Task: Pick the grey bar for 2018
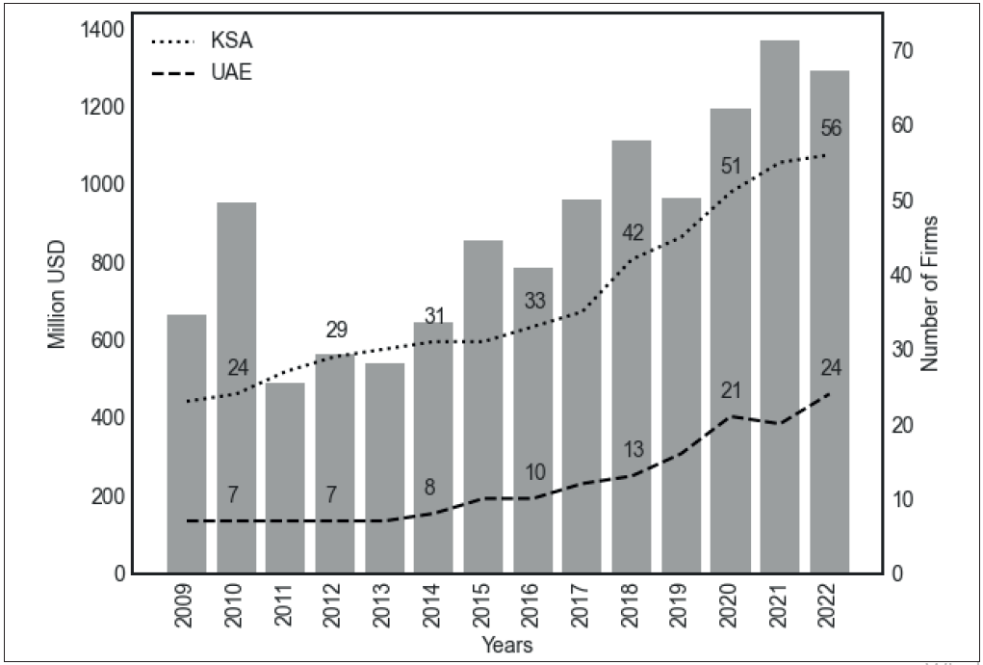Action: (x=632, y=357)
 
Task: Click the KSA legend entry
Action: (x=231, y=41)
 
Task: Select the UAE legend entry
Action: (x=231, y=73)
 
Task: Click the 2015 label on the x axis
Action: (x=482, y=607)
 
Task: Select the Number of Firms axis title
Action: (x=929, y=293)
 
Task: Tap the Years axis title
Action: (x=507, y=644)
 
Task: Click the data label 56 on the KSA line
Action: (x=832, y=129)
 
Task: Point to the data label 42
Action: (x=633, y=233)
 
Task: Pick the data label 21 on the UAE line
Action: (x=733, y=390)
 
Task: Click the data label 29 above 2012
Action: (x=336, y=331)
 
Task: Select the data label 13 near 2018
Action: (x=633, y=450)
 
